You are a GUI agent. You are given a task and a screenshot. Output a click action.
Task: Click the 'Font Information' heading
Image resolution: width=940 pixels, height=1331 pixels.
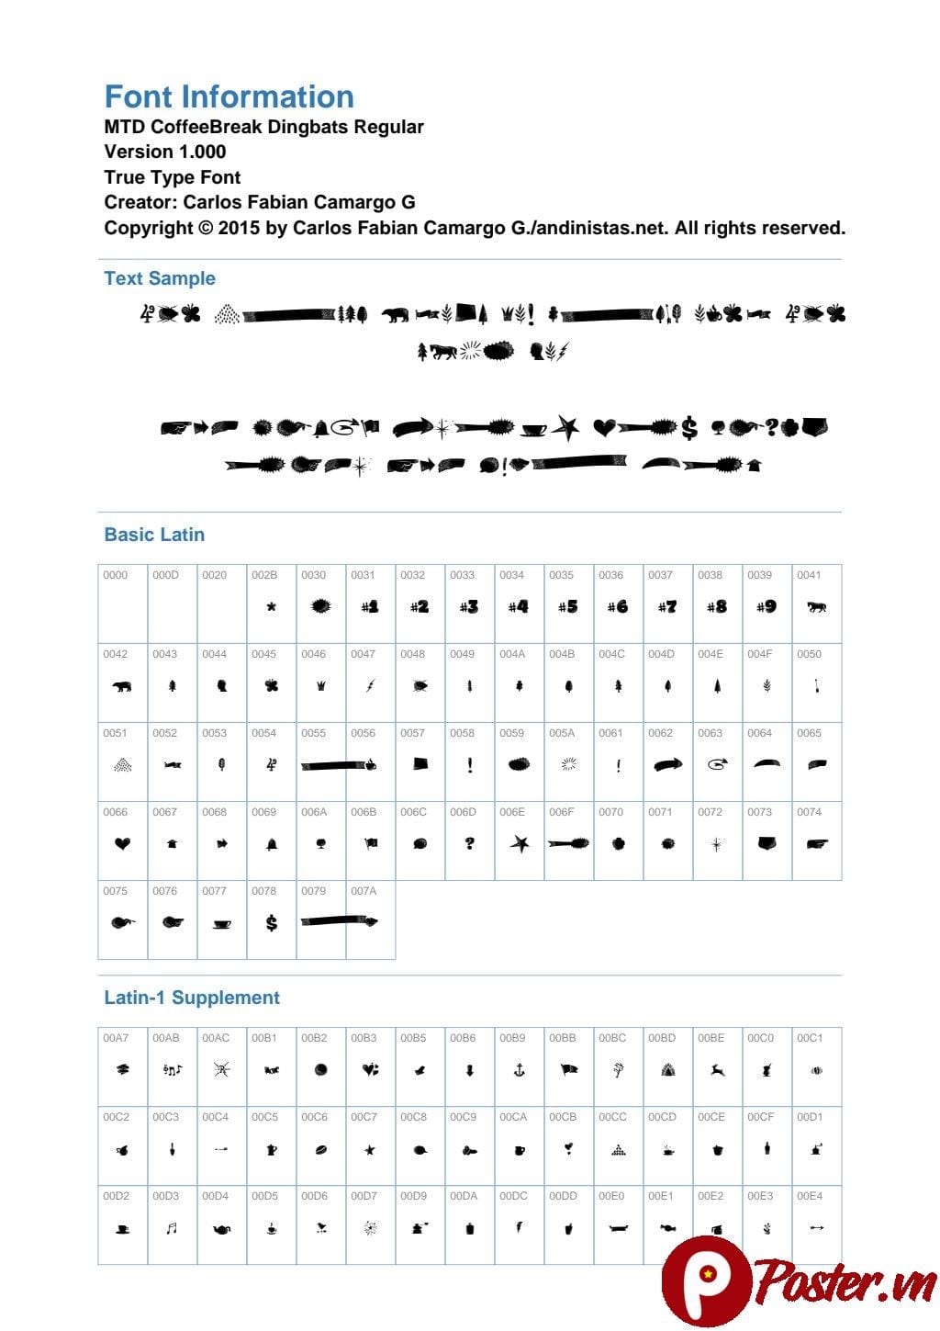[229, 96]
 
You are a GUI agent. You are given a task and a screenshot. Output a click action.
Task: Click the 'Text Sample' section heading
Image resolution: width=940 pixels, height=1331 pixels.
[160, 278]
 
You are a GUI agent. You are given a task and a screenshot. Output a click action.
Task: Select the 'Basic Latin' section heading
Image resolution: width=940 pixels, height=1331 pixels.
[154, 535]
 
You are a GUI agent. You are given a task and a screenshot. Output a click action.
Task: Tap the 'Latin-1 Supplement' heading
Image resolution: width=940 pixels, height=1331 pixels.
[192, 998]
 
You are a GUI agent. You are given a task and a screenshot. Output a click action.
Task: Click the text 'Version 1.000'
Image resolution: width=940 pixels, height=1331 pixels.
[165, 152]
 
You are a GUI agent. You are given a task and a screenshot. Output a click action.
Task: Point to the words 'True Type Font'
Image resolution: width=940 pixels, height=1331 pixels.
[173, 177]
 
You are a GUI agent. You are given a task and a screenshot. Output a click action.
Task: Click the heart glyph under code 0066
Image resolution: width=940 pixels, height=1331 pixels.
[122, 843]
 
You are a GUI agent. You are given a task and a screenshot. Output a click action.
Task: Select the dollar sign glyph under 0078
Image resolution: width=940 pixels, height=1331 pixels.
[271, 922]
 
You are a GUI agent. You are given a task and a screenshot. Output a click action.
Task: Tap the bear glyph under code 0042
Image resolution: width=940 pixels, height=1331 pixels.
[122, 685]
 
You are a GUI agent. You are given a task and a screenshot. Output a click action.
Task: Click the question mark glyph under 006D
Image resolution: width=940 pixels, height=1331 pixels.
[469, 843]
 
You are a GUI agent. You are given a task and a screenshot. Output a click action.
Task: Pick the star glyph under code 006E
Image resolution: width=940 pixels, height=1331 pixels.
[519, 843]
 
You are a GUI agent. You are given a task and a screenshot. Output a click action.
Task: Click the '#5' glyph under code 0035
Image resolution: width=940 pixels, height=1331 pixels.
[568, 606]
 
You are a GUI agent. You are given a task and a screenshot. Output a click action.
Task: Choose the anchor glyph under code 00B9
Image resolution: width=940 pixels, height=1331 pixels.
[519, 1069]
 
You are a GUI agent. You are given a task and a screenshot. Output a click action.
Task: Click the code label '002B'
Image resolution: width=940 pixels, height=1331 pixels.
[264, 575]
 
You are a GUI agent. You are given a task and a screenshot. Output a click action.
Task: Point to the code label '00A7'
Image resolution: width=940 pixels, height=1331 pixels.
[116, 1038]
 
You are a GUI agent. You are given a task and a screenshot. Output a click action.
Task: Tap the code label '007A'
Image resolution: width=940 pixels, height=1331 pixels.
[364, 891]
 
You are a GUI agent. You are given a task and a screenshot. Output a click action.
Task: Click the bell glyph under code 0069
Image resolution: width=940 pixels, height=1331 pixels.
[271, 843]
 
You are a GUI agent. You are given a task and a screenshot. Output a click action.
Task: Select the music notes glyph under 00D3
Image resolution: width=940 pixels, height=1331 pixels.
[172, 1228]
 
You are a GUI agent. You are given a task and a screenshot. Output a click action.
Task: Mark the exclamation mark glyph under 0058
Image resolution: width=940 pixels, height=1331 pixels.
[469, 764]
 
